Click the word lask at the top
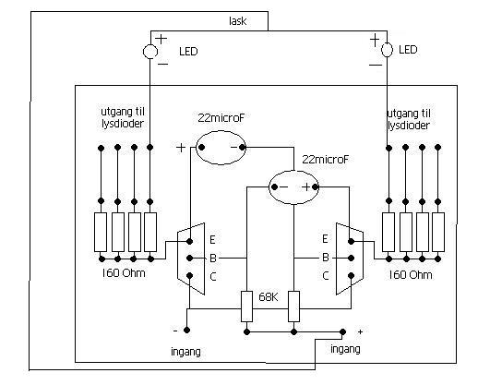click(x=238, y=21)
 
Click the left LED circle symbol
click(x=144, y=52)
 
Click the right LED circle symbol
click(x=381, y=50)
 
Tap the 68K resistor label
click(x=269, y=297)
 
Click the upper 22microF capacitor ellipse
click(x=197, y=148)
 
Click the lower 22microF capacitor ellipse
click(x=269, y=187)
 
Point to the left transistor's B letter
click(x=213, y=258)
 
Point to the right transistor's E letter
click(x=325, y=239)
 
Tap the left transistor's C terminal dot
click(x=190, y=275)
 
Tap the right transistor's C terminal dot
click(x=351, y=275)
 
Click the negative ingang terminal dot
click(x=186, y=331)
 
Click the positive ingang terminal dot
click(x=342, y=331)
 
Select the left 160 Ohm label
click(x=124, y=273)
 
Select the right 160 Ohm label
click(x=411, y=274)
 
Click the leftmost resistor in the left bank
click(x=101, y=232)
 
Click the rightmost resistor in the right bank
click(x=438, y=232)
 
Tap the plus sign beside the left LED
click(x=161, y=39)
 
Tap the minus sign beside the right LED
click(x=376, y=65)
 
